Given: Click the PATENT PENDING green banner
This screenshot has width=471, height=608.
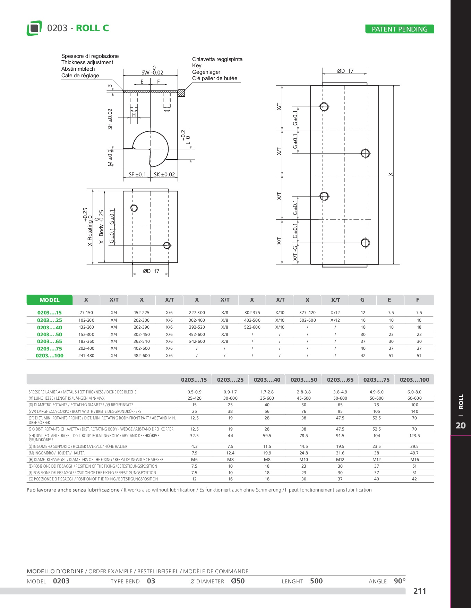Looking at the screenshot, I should (400, 29).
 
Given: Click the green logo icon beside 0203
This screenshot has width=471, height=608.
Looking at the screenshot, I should (34, 28).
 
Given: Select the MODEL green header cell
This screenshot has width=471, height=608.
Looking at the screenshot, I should (49, 300).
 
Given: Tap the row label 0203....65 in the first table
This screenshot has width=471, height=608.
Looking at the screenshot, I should (50, 341).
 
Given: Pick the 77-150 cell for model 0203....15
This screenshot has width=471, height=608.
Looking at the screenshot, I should (86, 313).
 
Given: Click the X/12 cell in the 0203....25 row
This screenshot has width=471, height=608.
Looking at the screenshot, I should (335, 320).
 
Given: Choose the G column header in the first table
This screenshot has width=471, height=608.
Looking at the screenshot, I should (362, 300).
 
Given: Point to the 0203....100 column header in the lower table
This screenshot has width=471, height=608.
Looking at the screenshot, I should (414, 380).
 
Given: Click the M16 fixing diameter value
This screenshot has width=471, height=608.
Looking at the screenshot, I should (414, 460).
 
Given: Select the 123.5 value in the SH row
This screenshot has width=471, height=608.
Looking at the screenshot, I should (414, 436).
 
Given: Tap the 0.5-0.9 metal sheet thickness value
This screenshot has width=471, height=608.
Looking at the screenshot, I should (194, 392).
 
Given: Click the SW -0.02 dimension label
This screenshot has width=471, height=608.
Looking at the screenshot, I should (152, 72).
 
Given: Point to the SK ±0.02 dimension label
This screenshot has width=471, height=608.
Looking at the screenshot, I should (164, 175).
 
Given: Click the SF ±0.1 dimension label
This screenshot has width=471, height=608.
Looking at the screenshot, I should (137, 175).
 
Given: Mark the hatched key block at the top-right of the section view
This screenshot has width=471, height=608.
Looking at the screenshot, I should (181, 93).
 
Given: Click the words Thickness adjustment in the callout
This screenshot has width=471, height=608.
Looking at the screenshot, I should (87, 62).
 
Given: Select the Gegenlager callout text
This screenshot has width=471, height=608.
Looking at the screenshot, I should (206, 72).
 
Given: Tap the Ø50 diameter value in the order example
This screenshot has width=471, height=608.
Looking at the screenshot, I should (238, 581).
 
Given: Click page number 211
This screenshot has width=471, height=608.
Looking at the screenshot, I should (420, 591).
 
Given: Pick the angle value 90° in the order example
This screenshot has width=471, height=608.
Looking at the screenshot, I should (400, 581).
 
